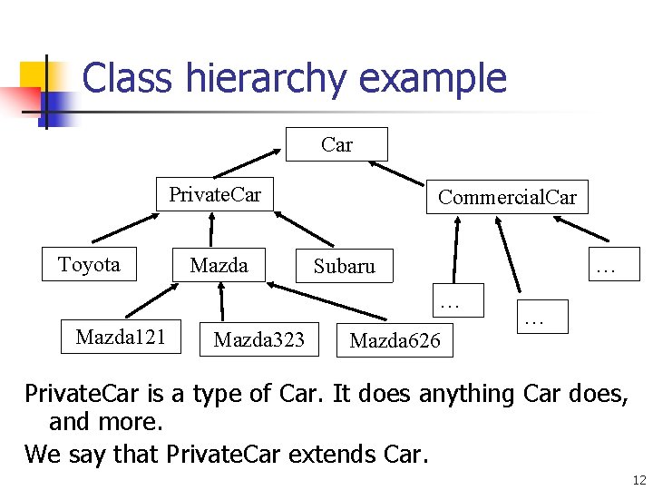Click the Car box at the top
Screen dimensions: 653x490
coord(336,144)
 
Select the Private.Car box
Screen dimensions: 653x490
coord(214,193)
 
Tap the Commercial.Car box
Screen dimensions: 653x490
coord(507,197)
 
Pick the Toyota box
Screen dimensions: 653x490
coord(89,264)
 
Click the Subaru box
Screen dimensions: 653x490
coord(344,266)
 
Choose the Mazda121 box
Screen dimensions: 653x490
coord(121,338)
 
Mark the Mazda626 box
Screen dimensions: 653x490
coord(395,340)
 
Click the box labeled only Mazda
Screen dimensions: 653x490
coord(219,265)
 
